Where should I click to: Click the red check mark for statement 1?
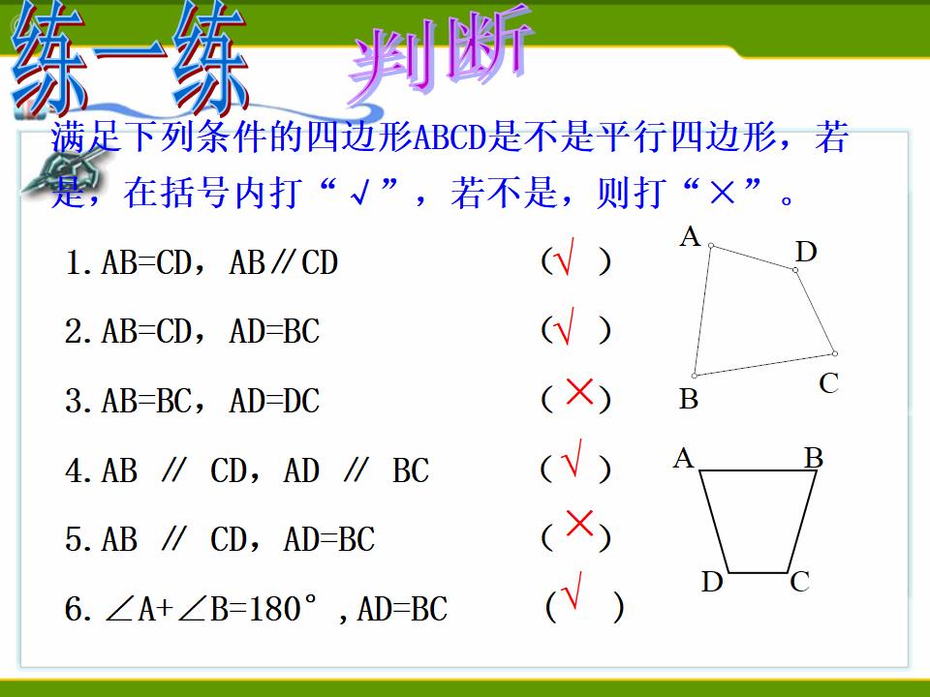[564, 257]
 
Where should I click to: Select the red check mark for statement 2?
[564, 326]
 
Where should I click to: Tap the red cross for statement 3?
[579, 391]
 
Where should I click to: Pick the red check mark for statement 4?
[572, 458]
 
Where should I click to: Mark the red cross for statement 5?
[579, 523]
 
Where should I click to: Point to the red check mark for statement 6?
[572, 590]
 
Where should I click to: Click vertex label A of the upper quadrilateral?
[691, 236]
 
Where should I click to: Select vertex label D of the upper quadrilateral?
[806, 252]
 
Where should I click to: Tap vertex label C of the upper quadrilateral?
[828, 383]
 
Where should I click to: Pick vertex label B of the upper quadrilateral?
[689, 399]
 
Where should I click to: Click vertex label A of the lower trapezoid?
[683, 458]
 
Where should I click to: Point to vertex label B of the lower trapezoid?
[814, 458]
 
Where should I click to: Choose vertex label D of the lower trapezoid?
[712, 582]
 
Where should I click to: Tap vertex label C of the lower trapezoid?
[799, 582]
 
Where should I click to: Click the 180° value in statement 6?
[282, 609]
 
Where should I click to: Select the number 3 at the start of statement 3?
[74, 401]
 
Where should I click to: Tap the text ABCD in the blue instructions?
[449, 137]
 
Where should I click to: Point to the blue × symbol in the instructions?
[722, 193]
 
